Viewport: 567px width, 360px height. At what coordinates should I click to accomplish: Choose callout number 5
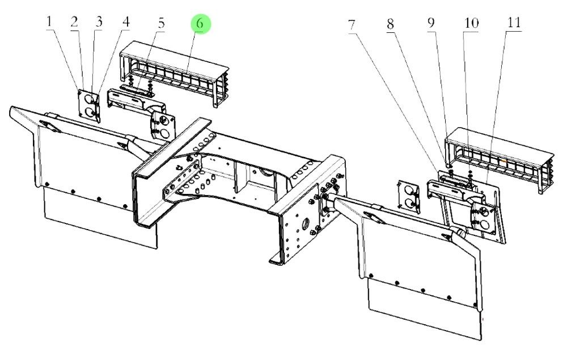pos(162,23)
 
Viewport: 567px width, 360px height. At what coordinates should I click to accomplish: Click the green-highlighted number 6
pos(200,24)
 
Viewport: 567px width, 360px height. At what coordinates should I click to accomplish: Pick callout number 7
pos(352,25)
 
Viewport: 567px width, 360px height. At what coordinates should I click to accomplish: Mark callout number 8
pos(390,25)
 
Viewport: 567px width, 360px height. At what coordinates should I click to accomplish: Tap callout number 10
pos(471,24)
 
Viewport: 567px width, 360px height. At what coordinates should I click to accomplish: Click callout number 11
pos(514,24)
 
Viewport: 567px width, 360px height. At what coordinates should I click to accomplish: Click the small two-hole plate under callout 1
pos(89,105)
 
